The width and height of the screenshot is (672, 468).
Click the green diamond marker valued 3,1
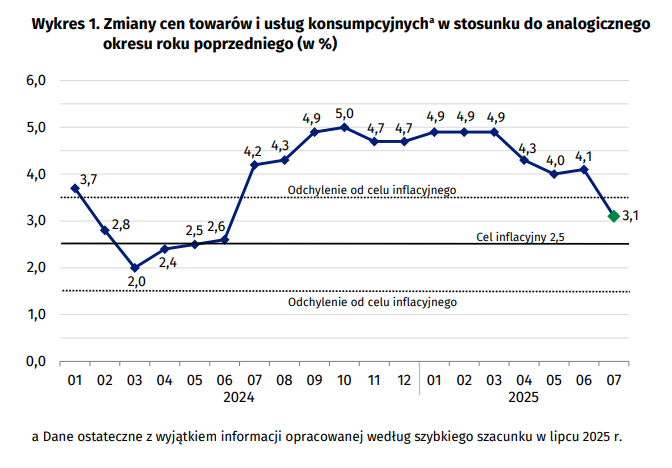[x=613, y=216]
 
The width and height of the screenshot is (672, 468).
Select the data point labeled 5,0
[x=344, y=127]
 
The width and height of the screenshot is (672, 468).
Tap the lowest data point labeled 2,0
[x=135, y=268]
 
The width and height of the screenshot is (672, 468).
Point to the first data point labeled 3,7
[x=75, y=188]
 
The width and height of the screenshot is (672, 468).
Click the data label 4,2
[x=253, y=151]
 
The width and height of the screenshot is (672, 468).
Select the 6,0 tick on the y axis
[x=36, y=80]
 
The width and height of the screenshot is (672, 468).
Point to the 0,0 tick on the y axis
[x=36, y=361]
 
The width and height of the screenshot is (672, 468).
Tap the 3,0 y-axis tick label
[x=36, y=221]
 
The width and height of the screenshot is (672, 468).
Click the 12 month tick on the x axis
[x=404, y=380]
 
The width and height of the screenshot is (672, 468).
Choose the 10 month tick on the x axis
[x=344, y=380]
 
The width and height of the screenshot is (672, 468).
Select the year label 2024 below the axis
[x=240, y=397]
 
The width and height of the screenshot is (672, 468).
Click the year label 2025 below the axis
[x=523, y=397]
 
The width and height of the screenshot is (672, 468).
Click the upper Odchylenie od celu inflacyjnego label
[x=371, y=190]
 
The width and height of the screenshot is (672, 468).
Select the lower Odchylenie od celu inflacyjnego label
[x=371, y=302]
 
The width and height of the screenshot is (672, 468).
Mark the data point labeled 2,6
[x=224, y=240]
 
